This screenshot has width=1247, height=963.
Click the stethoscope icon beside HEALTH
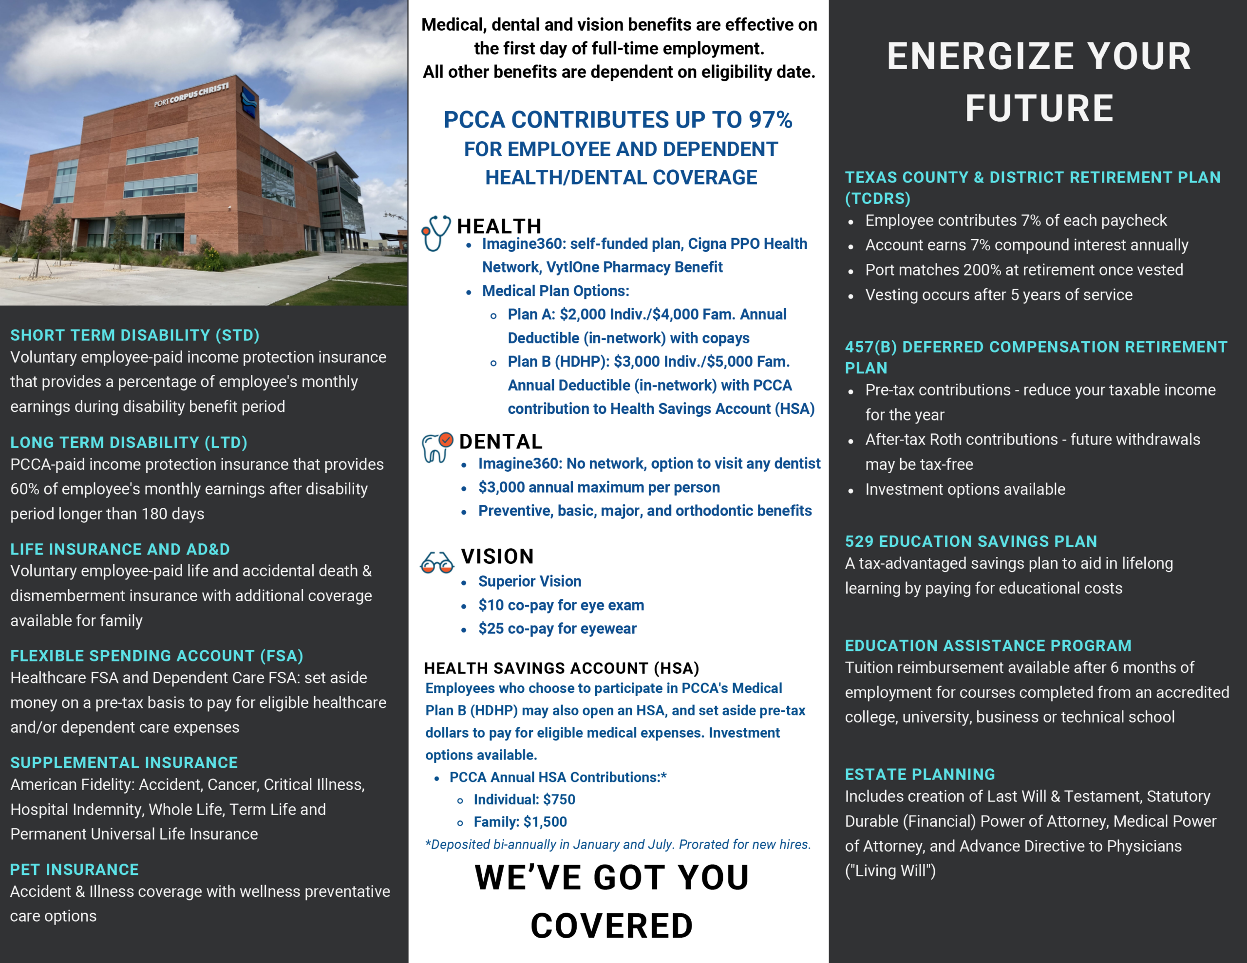pyautogui.click(x=435, y=232)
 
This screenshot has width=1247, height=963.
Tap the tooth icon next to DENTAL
pyautogui.click(x=437, y=447)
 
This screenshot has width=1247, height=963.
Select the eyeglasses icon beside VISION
pyautogui.click(x=437, y=563)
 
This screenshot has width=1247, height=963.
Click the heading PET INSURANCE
pyautogui.click(x=74, y=870)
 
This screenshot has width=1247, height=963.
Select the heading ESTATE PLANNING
pyautogui.click(x=920, y=774)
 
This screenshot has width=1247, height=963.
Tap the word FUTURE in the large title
pyautogui.click(x=1039, y=109)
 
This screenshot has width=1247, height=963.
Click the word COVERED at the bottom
pyautogui.click(x=611, y=926)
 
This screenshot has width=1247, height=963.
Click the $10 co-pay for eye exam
pyautogui.click(x=491, y=605)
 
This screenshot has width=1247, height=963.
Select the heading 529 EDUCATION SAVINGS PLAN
pyautogui.click(x=971, y=541)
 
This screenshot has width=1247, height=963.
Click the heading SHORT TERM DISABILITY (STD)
pyautogui.click(x=135, y=335)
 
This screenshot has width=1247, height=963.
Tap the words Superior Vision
pyautogui.click(x=529, y=581)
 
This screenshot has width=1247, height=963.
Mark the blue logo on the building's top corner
pyautogui.click(x=249, y=103)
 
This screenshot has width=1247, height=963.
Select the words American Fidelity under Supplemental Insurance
pyautogui.click(x=72, y=784)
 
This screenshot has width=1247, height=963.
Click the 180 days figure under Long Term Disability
pyautogui.click(x=172, y=514)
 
